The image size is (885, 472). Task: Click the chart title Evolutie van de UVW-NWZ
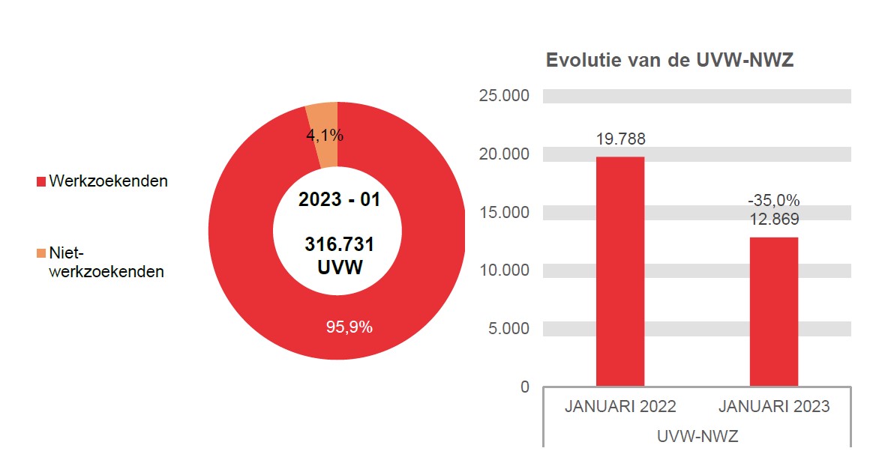(670, 61)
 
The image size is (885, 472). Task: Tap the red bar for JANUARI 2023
(774, 312)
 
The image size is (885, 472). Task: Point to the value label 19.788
(620, 139)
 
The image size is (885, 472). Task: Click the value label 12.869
(774, 220)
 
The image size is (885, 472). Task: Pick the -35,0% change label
(774, 201)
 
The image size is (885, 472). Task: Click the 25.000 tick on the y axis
(503, 96)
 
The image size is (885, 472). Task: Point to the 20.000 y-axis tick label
(503, 154)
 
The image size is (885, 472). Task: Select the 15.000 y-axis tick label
(503, 212)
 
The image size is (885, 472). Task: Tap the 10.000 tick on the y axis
(503, 270)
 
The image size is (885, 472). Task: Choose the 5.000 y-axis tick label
(508, 328)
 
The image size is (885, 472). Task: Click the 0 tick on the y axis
(524, 387)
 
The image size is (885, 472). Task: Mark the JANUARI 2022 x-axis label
(620, 407)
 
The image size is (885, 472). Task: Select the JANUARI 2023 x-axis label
(774, 407)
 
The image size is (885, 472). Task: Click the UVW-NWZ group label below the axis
(697, 436)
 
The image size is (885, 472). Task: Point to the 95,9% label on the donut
(349, 327)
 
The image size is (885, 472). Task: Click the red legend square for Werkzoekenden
(41, 181)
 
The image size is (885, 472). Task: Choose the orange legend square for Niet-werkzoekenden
(41, 254)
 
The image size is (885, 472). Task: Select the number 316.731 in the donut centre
(340, 245)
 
